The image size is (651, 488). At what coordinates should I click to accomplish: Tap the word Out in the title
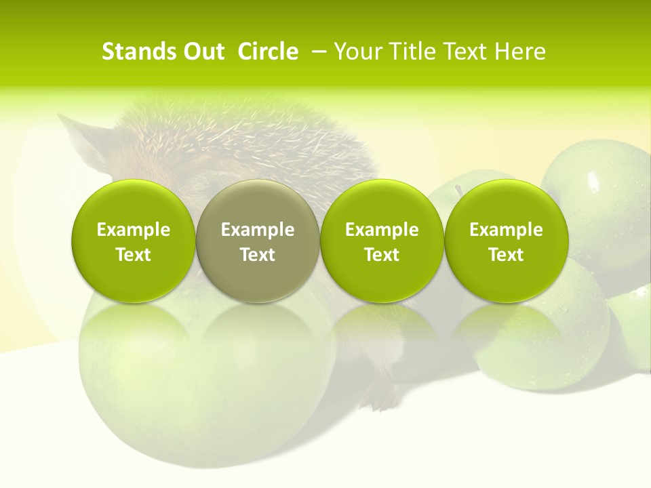coord(202,52)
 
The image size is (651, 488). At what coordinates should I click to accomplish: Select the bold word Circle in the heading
coord(268,52)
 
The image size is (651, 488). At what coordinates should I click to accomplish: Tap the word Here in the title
coord(523,52)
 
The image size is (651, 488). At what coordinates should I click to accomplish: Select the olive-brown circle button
coord(258,241)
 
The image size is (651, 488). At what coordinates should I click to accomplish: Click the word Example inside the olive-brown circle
coord(258,230)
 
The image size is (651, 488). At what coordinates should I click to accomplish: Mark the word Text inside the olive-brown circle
coord(258,255)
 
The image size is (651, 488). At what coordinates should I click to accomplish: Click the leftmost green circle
coord(134,241)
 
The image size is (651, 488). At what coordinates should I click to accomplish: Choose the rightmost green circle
coord(507,241)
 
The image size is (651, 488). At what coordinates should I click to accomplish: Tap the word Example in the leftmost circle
coord(134,230)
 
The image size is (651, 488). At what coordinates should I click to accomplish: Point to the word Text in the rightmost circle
coord(507,255)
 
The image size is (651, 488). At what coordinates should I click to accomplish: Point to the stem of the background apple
coord(458,190)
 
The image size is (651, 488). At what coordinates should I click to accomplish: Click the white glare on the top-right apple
coord(593,182)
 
